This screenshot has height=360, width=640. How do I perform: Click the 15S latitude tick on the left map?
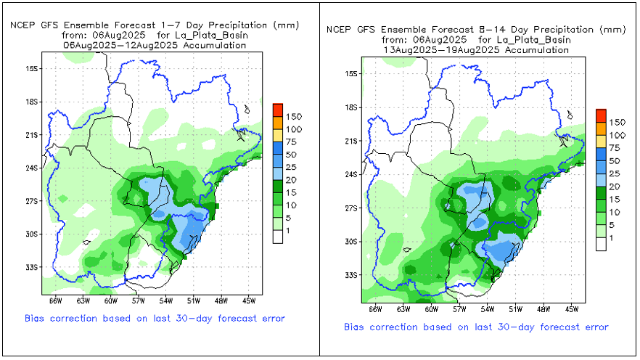(32, 68)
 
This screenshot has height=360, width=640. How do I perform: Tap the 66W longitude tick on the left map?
(54, 300)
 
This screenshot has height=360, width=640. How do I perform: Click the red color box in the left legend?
(277, 110)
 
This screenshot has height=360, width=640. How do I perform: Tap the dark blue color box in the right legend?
(600, 154)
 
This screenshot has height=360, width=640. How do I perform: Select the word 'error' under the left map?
(271, 318)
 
